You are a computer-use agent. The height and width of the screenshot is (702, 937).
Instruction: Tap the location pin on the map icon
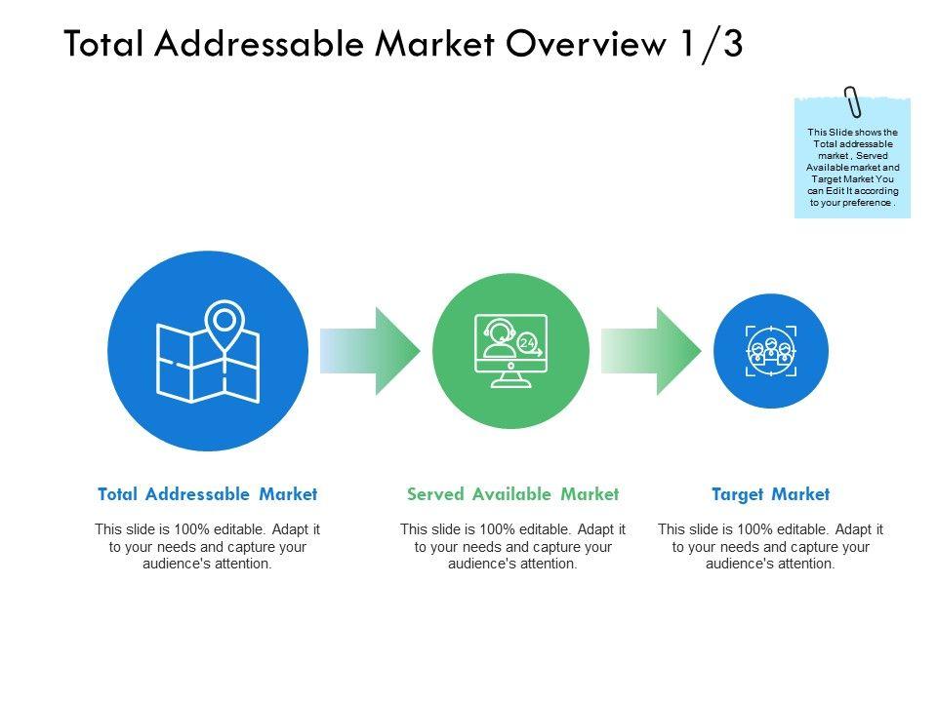click(x=225, y=322)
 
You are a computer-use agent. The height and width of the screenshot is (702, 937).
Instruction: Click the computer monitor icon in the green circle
click(x=510, y=343)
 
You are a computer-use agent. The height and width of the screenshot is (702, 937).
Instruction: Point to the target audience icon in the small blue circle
click(x=771, y=350)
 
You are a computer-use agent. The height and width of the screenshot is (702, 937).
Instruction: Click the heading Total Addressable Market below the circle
click(x=208, y=494)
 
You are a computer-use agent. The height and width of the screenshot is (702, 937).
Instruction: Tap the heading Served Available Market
click(x=512, y=494)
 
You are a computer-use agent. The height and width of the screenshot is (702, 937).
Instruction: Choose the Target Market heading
click(x=770, y=494)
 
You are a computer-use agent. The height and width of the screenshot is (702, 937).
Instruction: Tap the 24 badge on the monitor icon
click(x=528, y=343)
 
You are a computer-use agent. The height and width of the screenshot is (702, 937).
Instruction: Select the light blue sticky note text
click(x=852, y=168)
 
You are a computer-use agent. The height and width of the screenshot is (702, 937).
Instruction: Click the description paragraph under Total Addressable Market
click(x=207, y=546)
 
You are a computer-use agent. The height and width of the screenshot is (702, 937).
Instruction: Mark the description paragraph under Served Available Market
click(x=512, y=546)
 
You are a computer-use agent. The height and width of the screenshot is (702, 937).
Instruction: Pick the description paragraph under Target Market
click(x=770, y=546)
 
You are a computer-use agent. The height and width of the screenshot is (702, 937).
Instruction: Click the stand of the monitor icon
click(x=510, y=378)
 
